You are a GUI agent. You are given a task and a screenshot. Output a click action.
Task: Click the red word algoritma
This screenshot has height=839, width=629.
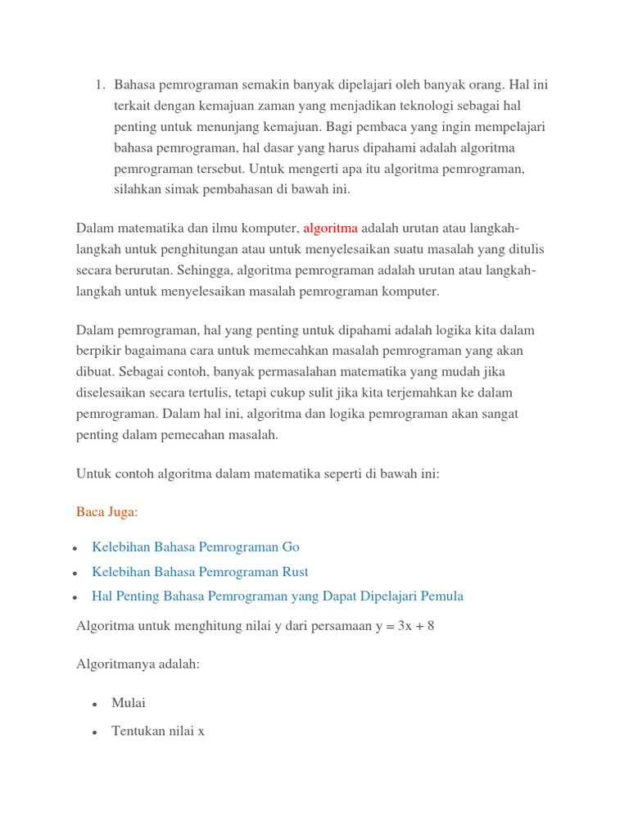point(330,229)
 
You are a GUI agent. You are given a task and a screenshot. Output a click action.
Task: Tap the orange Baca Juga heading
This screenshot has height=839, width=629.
point(107,512)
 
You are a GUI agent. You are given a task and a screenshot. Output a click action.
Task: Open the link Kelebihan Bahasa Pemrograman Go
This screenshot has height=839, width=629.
point(196,547)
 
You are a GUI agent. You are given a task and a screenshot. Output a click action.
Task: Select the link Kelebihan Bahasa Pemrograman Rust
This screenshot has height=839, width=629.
point(200,572)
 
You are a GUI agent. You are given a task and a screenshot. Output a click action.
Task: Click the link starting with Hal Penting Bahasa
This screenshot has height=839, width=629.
point(278,596)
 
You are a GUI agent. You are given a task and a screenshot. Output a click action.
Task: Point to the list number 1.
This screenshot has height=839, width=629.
point(99,84)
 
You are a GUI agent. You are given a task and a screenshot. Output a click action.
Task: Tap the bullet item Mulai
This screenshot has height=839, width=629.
point(129,703)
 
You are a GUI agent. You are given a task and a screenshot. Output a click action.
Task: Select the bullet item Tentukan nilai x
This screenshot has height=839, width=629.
point(158,731)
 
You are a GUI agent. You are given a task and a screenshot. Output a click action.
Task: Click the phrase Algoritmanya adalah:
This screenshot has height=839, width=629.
point(138,664)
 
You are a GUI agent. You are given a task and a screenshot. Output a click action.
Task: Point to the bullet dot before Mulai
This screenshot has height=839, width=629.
point(95,705)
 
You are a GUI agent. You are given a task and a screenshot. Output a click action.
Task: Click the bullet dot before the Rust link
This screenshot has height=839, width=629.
point(75,574)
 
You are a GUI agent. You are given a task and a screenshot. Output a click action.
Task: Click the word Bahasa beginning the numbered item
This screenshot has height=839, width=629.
point(135,84)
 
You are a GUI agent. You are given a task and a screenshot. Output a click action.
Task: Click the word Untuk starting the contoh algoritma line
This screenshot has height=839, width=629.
point(93,474)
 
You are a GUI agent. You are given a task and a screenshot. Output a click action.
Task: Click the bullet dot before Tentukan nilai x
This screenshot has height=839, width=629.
point(95,732)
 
